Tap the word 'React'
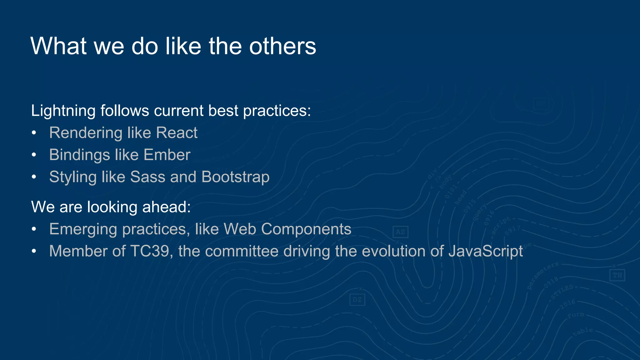pos(177,133)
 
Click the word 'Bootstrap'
pos(235,177)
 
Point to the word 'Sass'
pos(147,177)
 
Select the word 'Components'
pos(306,229)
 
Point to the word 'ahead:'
pos(166,207)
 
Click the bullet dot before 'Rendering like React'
pos(34,133)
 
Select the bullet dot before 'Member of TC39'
pos(34,252)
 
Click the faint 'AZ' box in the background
pos(400,232)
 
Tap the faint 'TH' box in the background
pos(617,275)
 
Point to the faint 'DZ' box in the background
pos(357,300)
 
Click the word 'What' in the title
pos(58,46)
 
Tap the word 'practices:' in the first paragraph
pos(277,111)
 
